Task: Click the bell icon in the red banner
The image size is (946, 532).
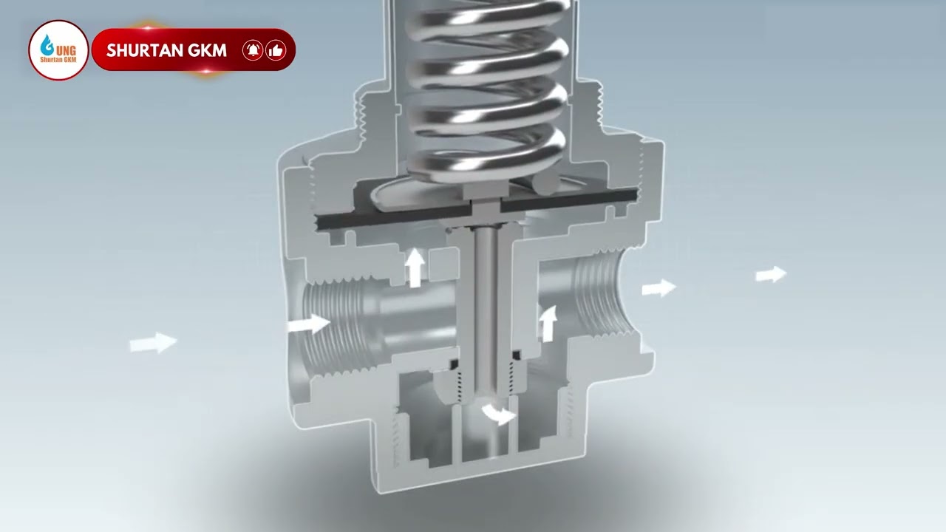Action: tap(253, 50)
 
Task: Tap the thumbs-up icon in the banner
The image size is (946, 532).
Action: tap(276, 50)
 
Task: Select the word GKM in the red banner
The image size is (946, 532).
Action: tap(208, 51)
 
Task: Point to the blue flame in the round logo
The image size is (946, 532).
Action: tap(47, 45)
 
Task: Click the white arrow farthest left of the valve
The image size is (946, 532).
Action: tap(153, 343)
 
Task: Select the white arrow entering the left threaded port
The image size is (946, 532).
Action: tap(308, 324)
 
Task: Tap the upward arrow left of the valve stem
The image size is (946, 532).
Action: tap(415, 267)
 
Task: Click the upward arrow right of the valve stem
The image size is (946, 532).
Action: tap(548, 324)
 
